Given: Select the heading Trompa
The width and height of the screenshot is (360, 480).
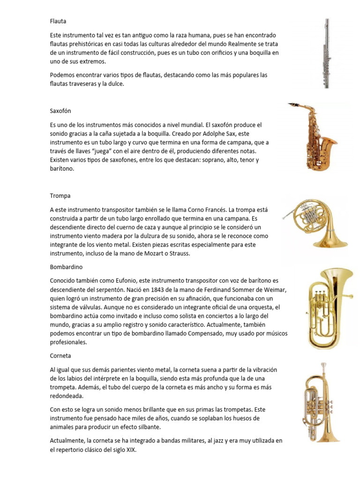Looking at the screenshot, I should [60, 195].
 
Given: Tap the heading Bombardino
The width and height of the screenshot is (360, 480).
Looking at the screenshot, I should [66, 267].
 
